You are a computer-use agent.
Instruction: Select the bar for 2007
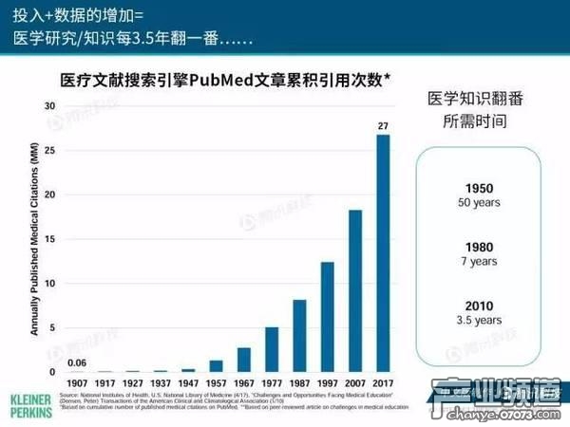tap(355, 290)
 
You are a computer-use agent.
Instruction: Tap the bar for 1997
tap(328, 317)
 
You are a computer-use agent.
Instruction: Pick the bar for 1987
tap(299, 336)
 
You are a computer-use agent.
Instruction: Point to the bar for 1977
tap(272, 349)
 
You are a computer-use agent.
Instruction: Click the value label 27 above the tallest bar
tap(383, 126)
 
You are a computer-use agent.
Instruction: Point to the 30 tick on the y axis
tap(48, 106)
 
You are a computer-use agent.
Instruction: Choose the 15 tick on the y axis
tap(48, 239)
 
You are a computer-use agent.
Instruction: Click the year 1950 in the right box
tap(479, 188)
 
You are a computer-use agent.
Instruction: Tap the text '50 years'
tap(479, 202)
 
